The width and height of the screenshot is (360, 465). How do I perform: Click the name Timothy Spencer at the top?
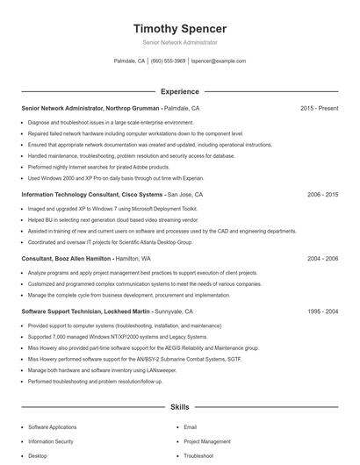[x=180, y=28]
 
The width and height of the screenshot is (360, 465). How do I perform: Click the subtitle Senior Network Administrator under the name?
[x=180, y=42]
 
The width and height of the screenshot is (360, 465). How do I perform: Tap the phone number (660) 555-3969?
[x=169, y=61]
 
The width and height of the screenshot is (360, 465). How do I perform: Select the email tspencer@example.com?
[x=219, y=61]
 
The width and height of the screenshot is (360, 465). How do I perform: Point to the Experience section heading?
[x=180, y=91]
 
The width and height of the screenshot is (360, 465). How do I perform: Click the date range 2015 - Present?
[x=319, y=108]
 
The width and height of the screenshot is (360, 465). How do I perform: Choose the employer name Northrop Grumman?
[x=134, y=108]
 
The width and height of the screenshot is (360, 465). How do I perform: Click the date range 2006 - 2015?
[x=322, y=194]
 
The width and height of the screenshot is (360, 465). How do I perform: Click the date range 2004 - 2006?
[x=322, y=259]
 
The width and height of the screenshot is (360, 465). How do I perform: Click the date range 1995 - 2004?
[x=322, y=311]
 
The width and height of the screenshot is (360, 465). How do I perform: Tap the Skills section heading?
[x=180, y=408]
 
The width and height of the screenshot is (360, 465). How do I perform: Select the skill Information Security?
[x=51, y=441]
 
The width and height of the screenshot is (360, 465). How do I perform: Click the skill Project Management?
[x=207, y=441]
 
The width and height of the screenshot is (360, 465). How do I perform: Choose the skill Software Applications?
[x=53, y=426]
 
